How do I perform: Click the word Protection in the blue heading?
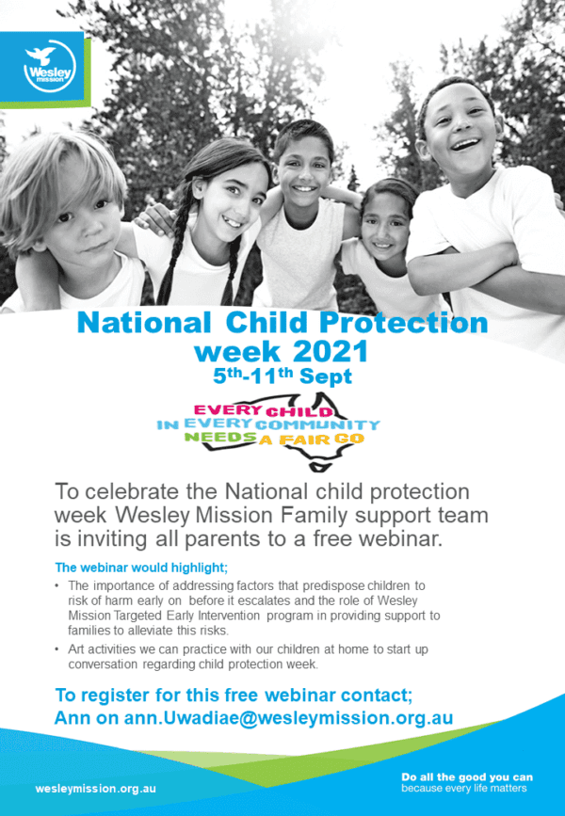[406, 323]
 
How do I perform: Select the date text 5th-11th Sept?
[282, 376]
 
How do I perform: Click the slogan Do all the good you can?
[467, 777]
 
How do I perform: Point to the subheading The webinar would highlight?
[141, 567]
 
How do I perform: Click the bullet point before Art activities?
[59, 649]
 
